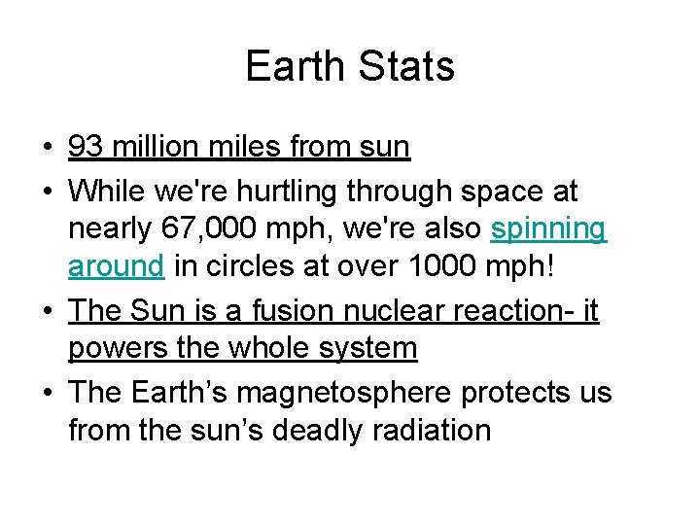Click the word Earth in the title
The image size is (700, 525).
[295, 66]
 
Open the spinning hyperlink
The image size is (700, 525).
[548, 229]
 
